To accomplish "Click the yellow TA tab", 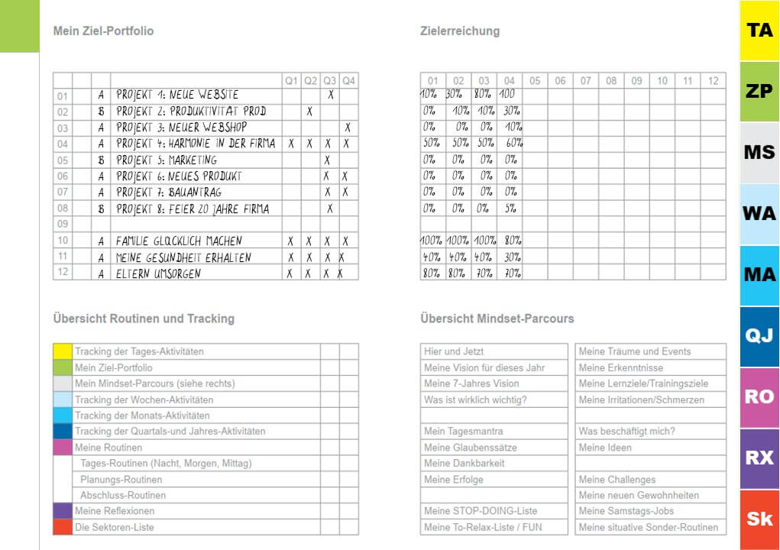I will click(759, 31).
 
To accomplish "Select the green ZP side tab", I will click(759, 91).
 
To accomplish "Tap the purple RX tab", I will click(759, 458).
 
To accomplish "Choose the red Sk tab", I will click(759, 519).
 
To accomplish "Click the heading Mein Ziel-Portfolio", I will click(103, 31).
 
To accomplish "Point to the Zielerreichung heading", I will click(460, 31).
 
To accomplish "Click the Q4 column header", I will click(348, 80).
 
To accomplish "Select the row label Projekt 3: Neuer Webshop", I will click(181, 128).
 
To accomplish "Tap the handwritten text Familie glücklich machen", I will click(179, 241).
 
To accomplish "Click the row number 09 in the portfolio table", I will click(63, 225).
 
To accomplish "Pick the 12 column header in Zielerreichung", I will click(713, 80).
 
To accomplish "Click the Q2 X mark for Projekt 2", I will click(309, 112).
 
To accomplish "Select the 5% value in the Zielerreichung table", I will click(510, 208).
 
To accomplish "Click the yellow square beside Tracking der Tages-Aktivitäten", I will click(63, 351).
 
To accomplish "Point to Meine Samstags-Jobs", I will click(626, 511).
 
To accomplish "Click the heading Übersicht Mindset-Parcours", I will click(497, 319).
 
